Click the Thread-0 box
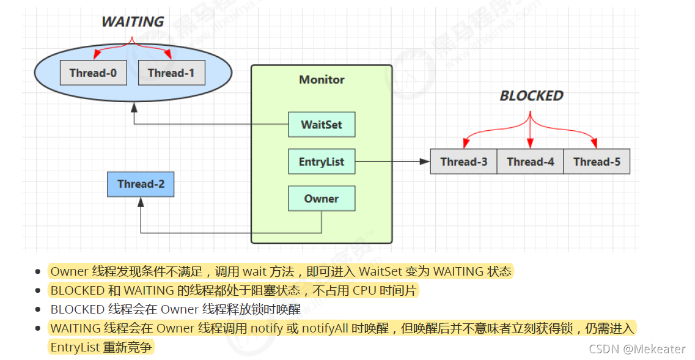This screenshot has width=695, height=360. pos(93,73)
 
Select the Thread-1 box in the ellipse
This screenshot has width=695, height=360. pos(171,73)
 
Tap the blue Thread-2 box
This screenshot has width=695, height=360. pos(141,184)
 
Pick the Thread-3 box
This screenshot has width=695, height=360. pos(463,162)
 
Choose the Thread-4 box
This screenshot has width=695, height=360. pos(530,162)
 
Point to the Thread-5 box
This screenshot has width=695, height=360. pos(597,162)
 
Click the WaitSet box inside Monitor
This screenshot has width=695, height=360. pos(322,125)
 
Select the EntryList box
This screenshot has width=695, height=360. pos(322,162)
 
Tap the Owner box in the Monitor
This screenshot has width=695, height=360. pos(322,199)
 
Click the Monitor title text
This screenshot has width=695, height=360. pos(322,80)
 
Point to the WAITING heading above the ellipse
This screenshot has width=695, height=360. pos(133,22)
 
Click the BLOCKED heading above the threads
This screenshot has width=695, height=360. pos(531,96)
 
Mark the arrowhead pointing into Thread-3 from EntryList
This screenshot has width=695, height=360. pos(426,162)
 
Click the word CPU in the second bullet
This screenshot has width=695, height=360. pos(364,290)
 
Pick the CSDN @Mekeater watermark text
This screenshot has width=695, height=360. pos(637,348)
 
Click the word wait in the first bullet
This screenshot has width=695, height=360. pos(254,271)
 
